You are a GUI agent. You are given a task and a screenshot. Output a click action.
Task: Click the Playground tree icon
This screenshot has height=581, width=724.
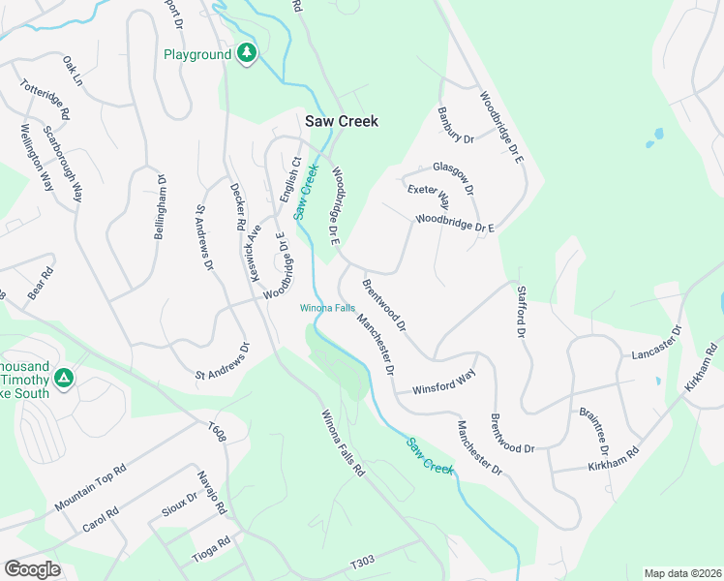click(x=248, y=53)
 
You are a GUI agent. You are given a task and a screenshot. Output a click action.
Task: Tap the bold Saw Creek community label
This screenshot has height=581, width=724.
click(x=341, y=121)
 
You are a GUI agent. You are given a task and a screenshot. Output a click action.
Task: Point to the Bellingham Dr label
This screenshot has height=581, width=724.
click(x=162, y=201)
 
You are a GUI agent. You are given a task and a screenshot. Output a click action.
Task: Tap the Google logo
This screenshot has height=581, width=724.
click(x=33, y=568)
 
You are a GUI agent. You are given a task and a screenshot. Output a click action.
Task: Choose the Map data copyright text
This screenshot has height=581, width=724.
click(x=681, y=573)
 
